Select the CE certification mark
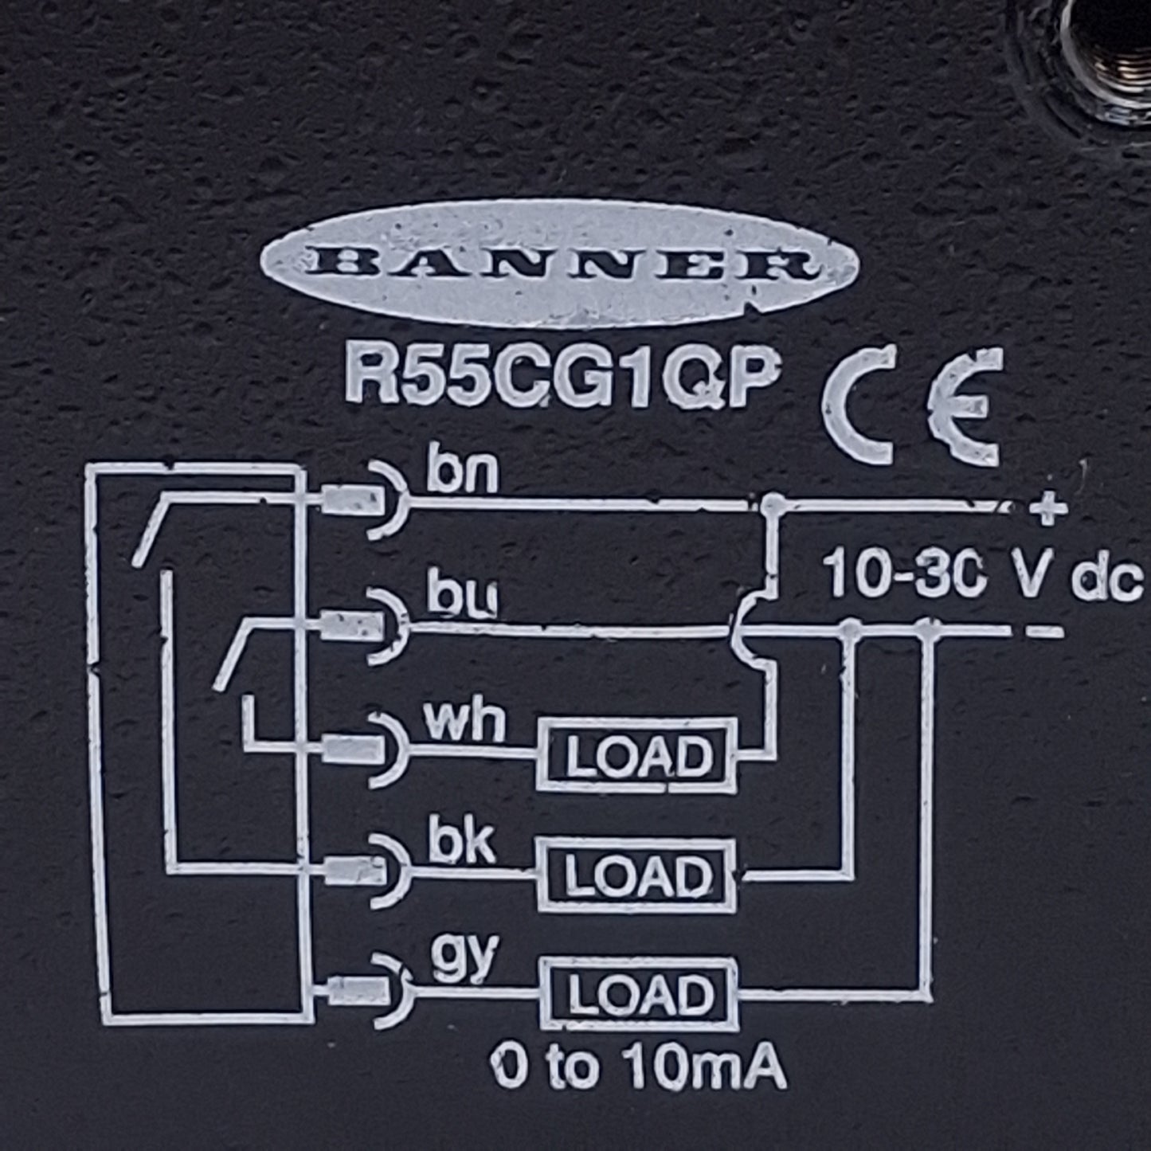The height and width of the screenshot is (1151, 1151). [911, 406]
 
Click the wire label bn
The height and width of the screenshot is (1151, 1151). [462, 475]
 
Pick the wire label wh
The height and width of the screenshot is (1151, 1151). [464, 722]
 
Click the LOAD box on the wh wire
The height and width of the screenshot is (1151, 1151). [637, 756]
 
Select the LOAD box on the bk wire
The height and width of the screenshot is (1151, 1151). [636, 875]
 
